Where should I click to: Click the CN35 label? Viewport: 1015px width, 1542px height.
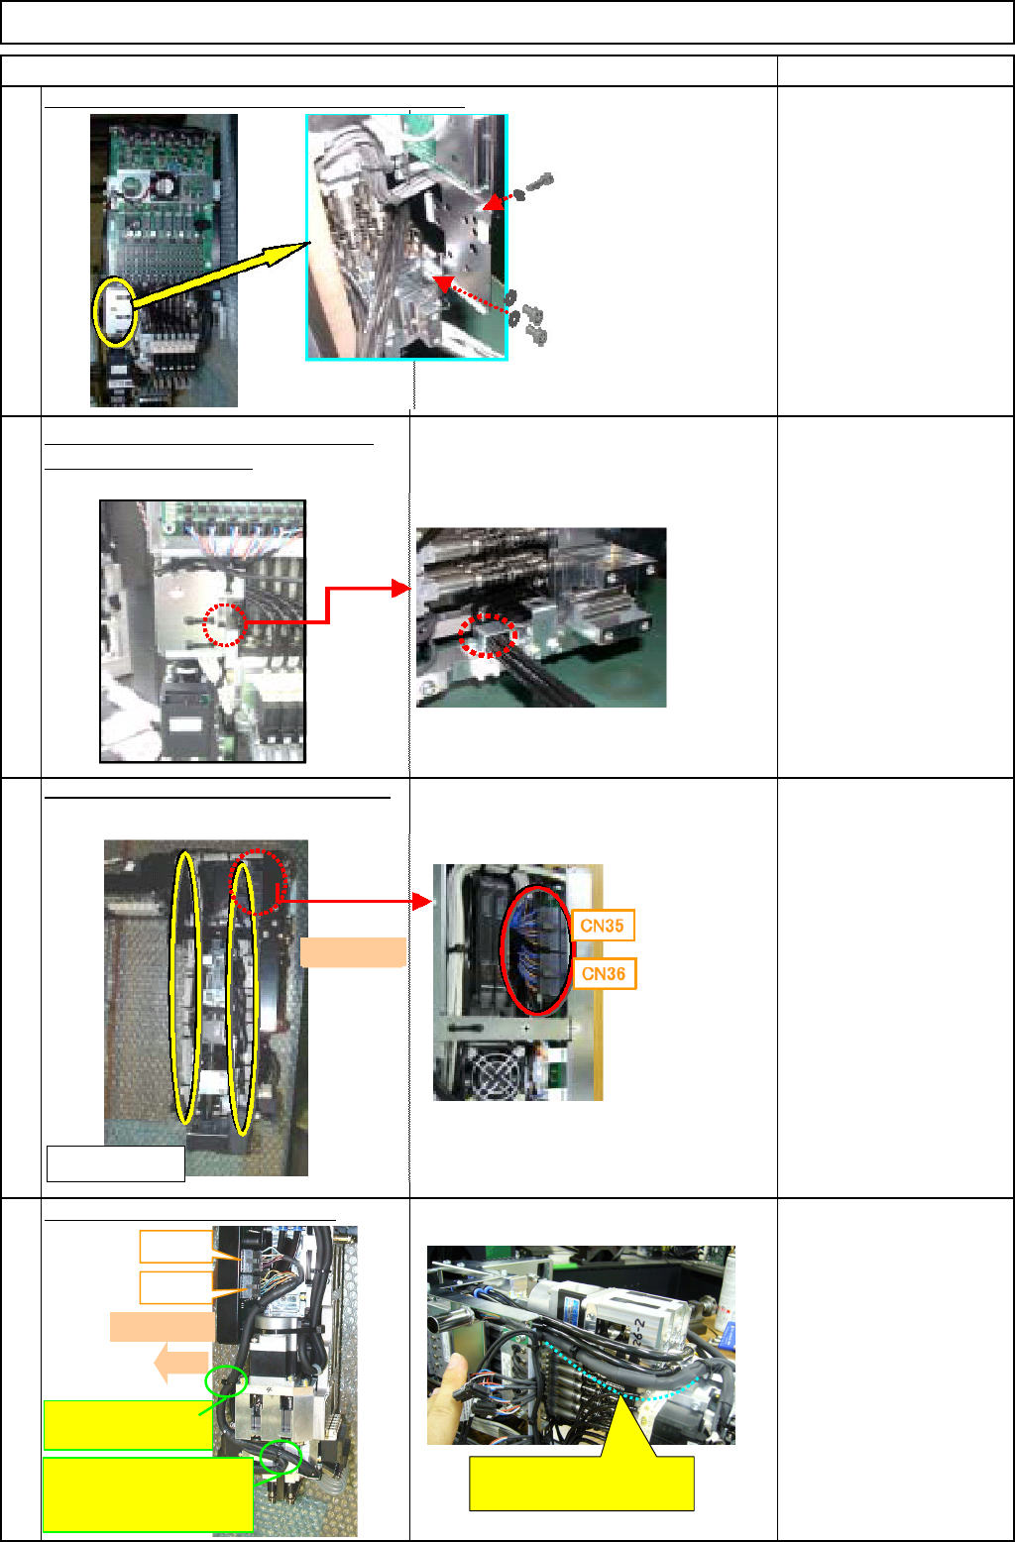pos(603,926)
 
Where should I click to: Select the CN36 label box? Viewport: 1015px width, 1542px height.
pos(603,973)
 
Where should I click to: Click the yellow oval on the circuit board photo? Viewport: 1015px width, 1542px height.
pos(115,310)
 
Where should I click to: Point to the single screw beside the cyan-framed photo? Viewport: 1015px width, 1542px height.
pos(539,184)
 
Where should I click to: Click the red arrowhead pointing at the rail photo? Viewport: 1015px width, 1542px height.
pos(400,589)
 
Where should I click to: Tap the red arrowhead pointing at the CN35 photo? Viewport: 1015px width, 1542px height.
pos(423,902)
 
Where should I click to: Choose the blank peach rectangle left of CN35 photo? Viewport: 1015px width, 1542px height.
pos(353,951)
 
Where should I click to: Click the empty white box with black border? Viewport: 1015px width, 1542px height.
pos(116,1163)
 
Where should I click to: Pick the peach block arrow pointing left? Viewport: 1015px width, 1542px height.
pos(180,1364)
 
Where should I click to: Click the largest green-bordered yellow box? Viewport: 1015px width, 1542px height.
pos(148,1493)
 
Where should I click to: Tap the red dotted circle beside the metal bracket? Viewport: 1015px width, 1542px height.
pos(225,625)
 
